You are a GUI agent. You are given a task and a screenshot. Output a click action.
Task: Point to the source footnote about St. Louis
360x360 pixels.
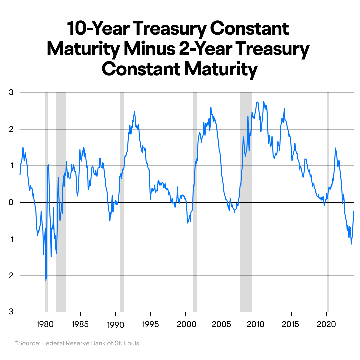77,343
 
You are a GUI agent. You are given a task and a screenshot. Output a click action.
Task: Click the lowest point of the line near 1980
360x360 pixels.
45,280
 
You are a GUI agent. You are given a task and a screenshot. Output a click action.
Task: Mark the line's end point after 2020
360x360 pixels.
353,211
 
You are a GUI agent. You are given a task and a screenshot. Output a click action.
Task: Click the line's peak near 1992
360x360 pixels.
134,112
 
